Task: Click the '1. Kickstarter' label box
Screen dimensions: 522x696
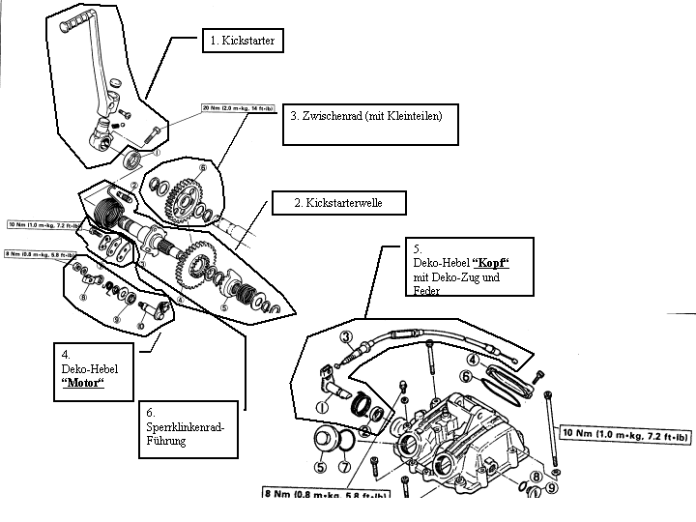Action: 243,42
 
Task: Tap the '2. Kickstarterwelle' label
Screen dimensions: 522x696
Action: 338,203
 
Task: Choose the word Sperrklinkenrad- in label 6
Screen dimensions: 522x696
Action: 187,425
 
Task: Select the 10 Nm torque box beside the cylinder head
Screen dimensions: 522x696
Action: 625,432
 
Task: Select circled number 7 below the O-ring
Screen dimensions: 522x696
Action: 342,466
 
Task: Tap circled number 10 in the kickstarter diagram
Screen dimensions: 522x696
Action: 141,326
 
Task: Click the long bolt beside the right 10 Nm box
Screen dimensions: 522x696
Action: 551,425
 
